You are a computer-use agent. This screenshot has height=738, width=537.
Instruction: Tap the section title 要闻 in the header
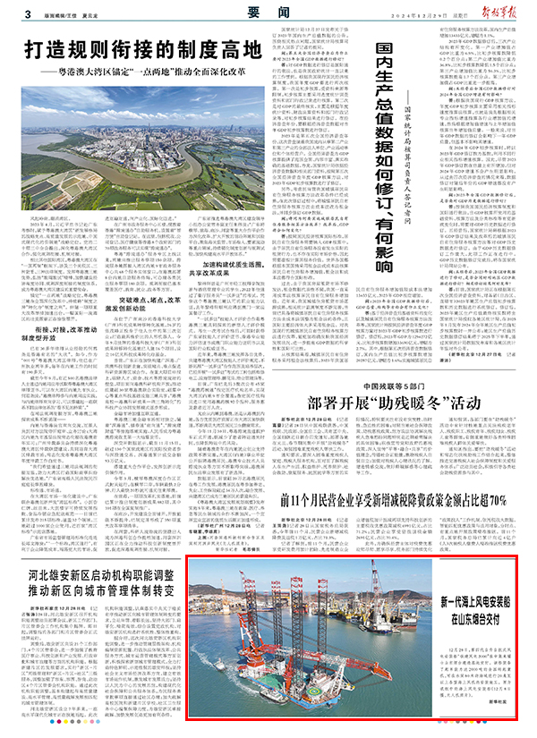[265, 11]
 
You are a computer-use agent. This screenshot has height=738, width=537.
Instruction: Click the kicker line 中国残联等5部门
[375, 386]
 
